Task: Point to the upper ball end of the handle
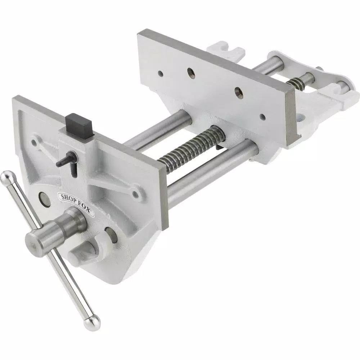tap(6, 177)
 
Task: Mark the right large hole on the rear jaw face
tap(238, 91)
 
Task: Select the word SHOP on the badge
tap(68, 199)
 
